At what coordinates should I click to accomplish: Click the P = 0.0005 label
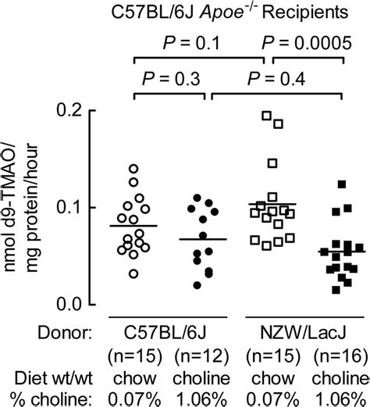pyautogui.click(x=305, y=42)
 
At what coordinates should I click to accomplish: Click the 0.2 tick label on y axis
pyautogui.click(x=75, y=111)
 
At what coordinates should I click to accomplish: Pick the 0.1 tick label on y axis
pyautogui.click(x=75, y=207)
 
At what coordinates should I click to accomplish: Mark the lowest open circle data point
pyautogui.click(x=134, y=273)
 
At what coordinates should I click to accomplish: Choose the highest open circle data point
pyautogui.click(x=133, y=168)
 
